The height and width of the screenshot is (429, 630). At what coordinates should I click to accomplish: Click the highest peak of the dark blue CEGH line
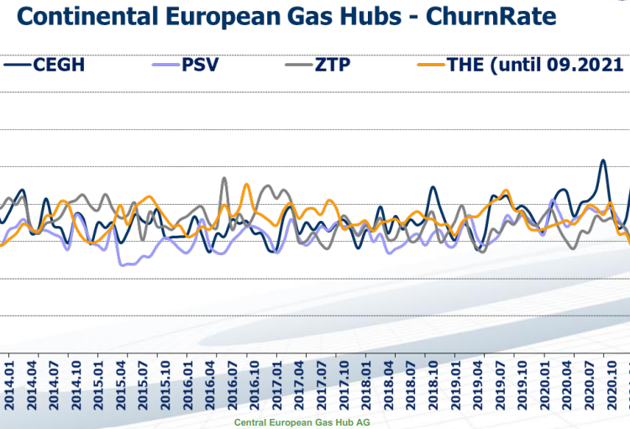pyautogui.click(x=602, y=160)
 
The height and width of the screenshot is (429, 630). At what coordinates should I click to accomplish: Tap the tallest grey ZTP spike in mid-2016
pyautogui.click(x=224, y=178)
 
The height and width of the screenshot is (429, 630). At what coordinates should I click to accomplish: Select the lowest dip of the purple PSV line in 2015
pyautogui.click(x=123, y=264)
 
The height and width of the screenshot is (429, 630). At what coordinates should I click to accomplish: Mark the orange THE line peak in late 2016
pyautogui.click(x=246, y=184)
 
